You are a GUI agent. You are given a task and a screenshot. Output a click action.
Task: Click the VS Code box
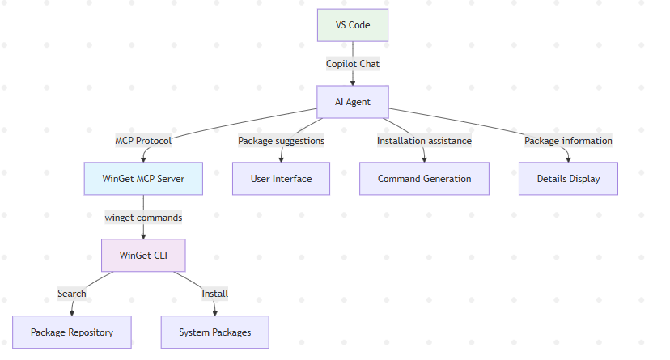point(353,25)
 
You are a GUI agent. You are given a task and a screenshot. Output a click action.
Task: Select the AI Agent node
point(353,102)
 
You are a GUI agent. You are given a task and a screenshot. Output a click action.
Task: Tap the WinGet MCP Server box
point(143,179)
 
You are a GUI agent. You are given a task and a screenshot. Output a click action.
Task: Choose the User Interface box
point(282,179)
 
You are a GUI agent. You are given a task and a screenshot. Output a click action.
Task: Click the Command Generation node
point(424,179)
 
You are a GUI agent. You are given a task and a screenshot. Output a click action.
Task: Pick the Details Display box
point(568,179)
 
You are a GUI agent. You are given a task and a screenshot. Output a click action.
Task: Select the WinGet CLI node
point(143,255)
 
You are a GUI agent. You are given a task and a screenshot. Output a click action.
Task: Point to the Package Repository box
point(72,332)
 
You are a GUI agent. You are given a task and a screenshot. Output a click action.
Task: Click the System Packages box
point(214,332)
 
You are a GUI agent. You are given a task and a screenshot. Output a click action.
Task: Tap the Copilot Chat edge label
point(353,63)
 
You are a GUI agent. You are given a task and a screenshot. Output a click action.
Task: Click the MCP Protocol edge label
point(143,140)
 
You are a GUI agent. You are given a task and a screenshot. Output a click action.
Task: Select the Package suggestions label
point(281,140)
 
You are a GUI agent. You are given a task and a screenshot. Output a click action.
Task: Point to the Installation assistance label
point(424,140)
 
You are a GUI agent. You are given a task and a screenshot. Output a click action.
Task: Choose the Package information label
point(568,140)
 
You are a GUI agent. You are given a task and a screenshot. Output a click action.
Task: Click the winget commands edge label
point(143,217)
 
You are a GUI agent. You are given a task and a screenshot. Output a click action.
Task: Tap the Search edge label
point(72,294)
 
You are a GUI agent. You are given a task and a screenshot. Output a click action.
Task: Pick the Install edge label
point(214,294)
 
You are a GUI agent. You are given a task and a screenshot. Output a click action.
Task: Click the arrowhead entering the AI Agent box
point(353,82)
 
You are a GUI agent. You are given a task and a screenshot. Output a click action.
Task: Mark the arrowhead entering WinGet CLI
point(143,235)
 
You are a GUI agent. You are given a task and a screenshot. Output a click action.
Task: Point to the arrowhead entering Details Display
point(568,159)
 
